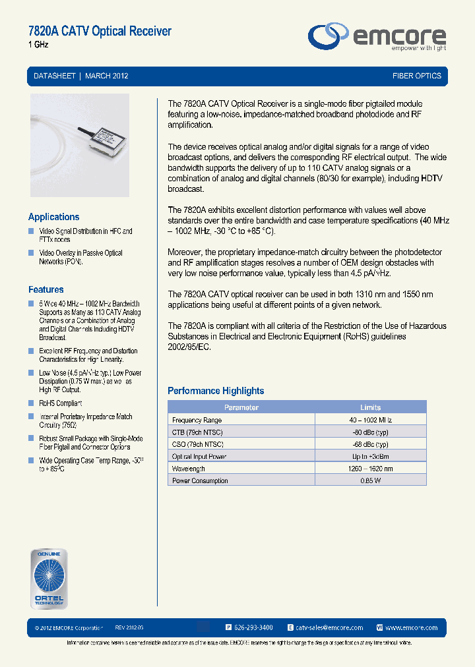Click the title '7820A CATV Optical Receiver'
point(100,31)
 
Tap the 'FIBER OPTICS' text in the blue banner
point(416,76)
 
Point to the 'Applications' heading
point(53,217)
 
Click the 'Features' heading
point(46,289)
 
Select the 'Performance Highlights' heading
point(216,391)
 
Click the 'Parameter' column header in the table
point(241,407)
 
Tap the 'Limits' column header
point(370,407)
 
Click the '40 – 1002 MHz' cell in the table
point(370,420)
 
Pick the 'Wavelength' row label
point(189,469)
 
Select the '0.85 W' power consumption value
point(370,480)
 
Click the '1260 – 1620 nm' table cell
point(370,469)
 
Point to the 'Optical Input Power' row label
point(199,456)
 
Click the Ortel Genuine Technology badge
point(49,578)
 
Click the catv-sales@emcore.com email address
point(329,627)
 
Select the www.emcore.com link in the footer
point(411,627)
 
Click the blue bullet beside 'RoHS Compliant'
point(31,403)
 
